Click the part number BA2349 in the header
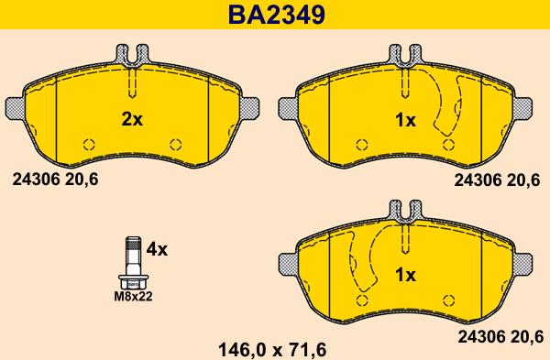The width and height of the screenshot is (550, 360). (x=277, y=15)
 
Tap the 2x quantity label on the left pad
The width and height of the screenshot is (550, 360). (x=132, y=119)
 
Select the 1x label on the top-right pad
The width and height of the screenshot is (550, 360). (x=405, y=121)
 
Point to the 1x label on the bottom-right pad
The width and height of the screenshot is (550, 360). (x=405, y=275)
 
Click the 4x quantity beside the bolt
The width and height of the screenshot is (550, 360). (x=157, y=249)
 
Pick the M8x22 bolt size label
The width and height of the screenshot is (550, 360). (x=133, y=297)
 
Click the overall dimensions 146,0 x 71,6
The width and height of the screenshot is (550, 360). (x=272, y=350)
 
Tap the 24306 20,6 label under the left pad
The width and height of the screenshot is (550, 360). (x=55, y=180)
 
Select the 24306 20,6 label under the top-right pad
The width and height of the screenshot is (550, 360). (x=497, y=180)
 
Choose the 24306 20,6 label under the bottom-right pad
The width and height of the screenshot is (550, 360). (x=500, y=337)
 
